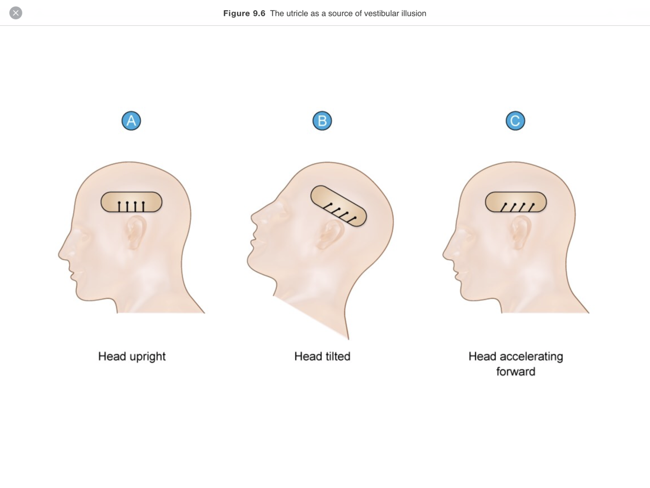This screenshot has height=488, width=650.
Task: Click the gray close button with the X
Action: (16, 13)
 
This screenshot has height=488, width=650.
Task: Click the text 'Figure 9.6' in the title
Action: (244, 14)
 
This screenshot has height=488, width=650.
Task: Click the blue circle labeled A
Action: (131, 121)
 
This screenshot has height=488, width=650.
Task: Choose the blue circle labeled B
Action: (322, 121)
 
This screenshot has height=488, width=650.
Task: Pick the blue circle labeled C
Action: (515, 121)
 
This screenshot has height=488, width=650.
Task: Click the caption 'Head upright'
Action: (132, 356)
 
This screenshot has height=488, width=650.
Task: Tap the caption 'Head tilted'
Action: (322, 356)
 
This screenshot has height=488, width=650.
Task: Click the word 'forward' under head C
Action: (516, 371)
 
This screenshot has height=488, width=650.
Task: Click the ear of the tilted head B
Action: (330, 234)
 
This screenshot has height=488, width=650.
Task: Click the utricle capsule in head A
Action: (132, 202)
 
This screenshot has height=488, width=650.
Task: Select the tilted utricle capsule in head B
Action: (339, 206)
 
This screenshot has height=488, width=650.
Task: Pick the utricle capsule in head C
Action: (516, 202)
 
